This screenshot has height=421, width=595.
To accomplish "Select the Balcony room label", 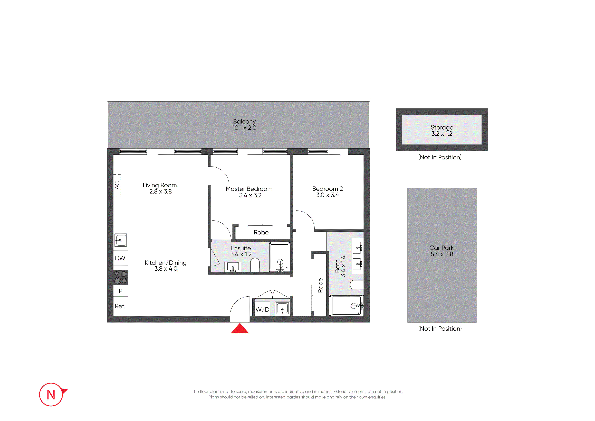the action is pos(244,121).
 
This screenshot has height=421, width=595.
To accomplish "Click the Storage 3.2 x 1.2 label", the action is pos(442,131).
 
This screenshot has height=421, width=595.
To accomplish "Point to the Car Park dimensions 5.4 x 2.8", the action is pos(442,254).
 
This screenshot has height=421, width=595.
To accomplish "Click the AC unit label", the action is pos(117,185).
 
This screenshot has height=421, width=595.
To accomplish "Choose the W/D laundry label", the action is pos(262,309).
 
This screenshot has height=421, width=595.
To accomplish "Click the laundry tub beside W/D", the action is pos(282,309).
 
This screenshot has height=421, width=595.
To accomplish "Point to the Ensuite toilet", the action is pos(255,265).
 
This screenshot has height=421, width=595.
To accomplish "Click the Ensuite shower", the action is pos(279,257).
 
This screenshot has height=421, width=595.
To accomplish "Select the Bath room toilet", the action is pos(357,285).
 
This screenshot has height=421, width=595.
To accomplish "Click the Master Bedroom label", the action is pos(249,189).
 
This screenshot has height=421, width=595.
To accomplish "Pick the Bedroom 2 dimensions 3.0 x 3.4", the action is pos(328,195).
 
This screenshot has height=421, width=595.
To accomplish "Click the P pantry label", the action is pos(120,291).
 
